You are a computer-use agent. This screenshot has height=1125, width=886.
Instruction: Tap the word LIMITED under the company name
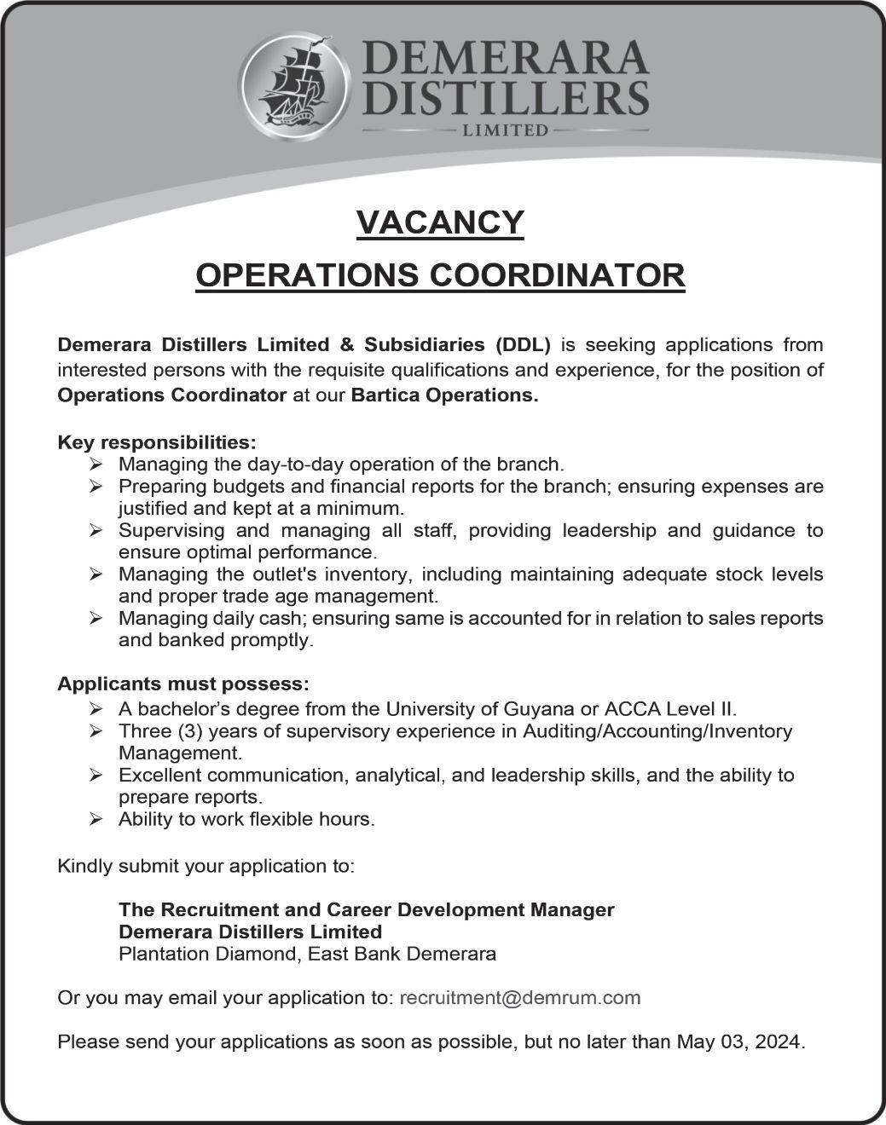tap(504, 131)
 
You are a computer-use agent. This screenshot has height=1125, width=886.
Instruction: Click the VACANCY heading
tap(440, 222)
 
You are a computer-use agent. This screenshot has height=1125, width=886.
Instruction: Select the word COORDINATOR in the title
tap(557, 276)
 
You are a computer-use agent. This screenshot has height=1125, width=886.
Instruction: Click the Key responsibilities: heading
tap(156, 443)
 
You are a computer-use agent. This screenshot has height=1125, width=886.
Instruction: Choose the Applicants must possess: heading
tap(183, 684)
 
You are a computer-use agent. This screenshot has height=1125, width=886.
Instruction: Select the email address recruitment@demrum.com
tap(519, 998)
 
